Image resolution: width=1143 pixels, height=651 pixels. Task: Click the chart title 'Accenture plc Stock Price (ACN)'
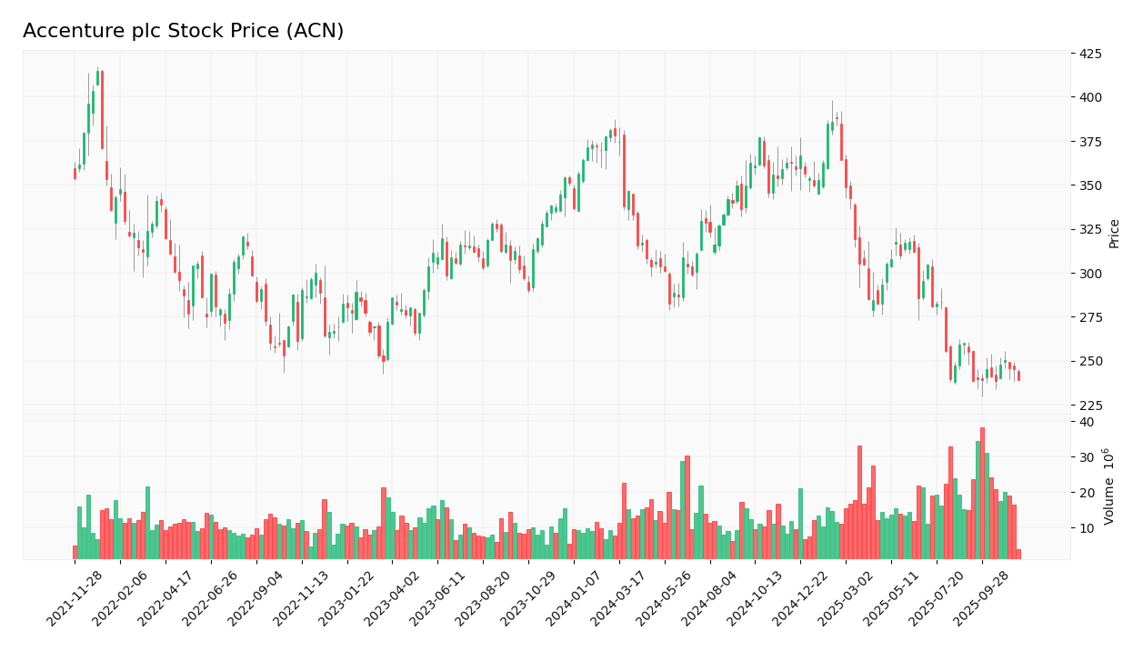183,32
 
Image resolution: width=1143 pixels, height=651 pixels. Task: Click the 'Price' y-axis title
1115,234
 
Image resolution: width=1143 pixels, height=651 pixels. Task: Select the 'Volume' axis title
1108,486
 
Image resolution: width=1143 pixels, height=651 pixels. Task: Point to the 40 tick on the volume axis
1086,422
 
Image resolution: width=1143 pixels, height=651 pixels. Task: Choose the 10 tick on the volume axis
1086,528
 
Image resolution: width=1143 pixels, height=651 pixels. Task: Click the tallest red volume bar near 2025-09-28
982,493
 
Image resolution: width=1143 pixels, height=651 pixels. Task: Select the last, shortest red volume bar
1018,554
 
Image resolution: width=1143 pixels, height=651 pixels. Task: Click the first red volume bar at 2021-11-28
75,552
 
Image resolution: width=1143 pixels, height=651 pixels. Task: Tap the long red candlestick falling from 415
102,110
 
